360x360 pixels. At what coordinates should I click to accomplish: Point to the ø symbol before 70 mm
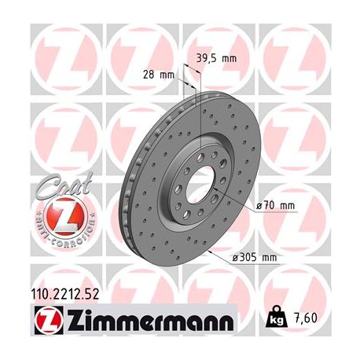(x=260, y=207)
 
